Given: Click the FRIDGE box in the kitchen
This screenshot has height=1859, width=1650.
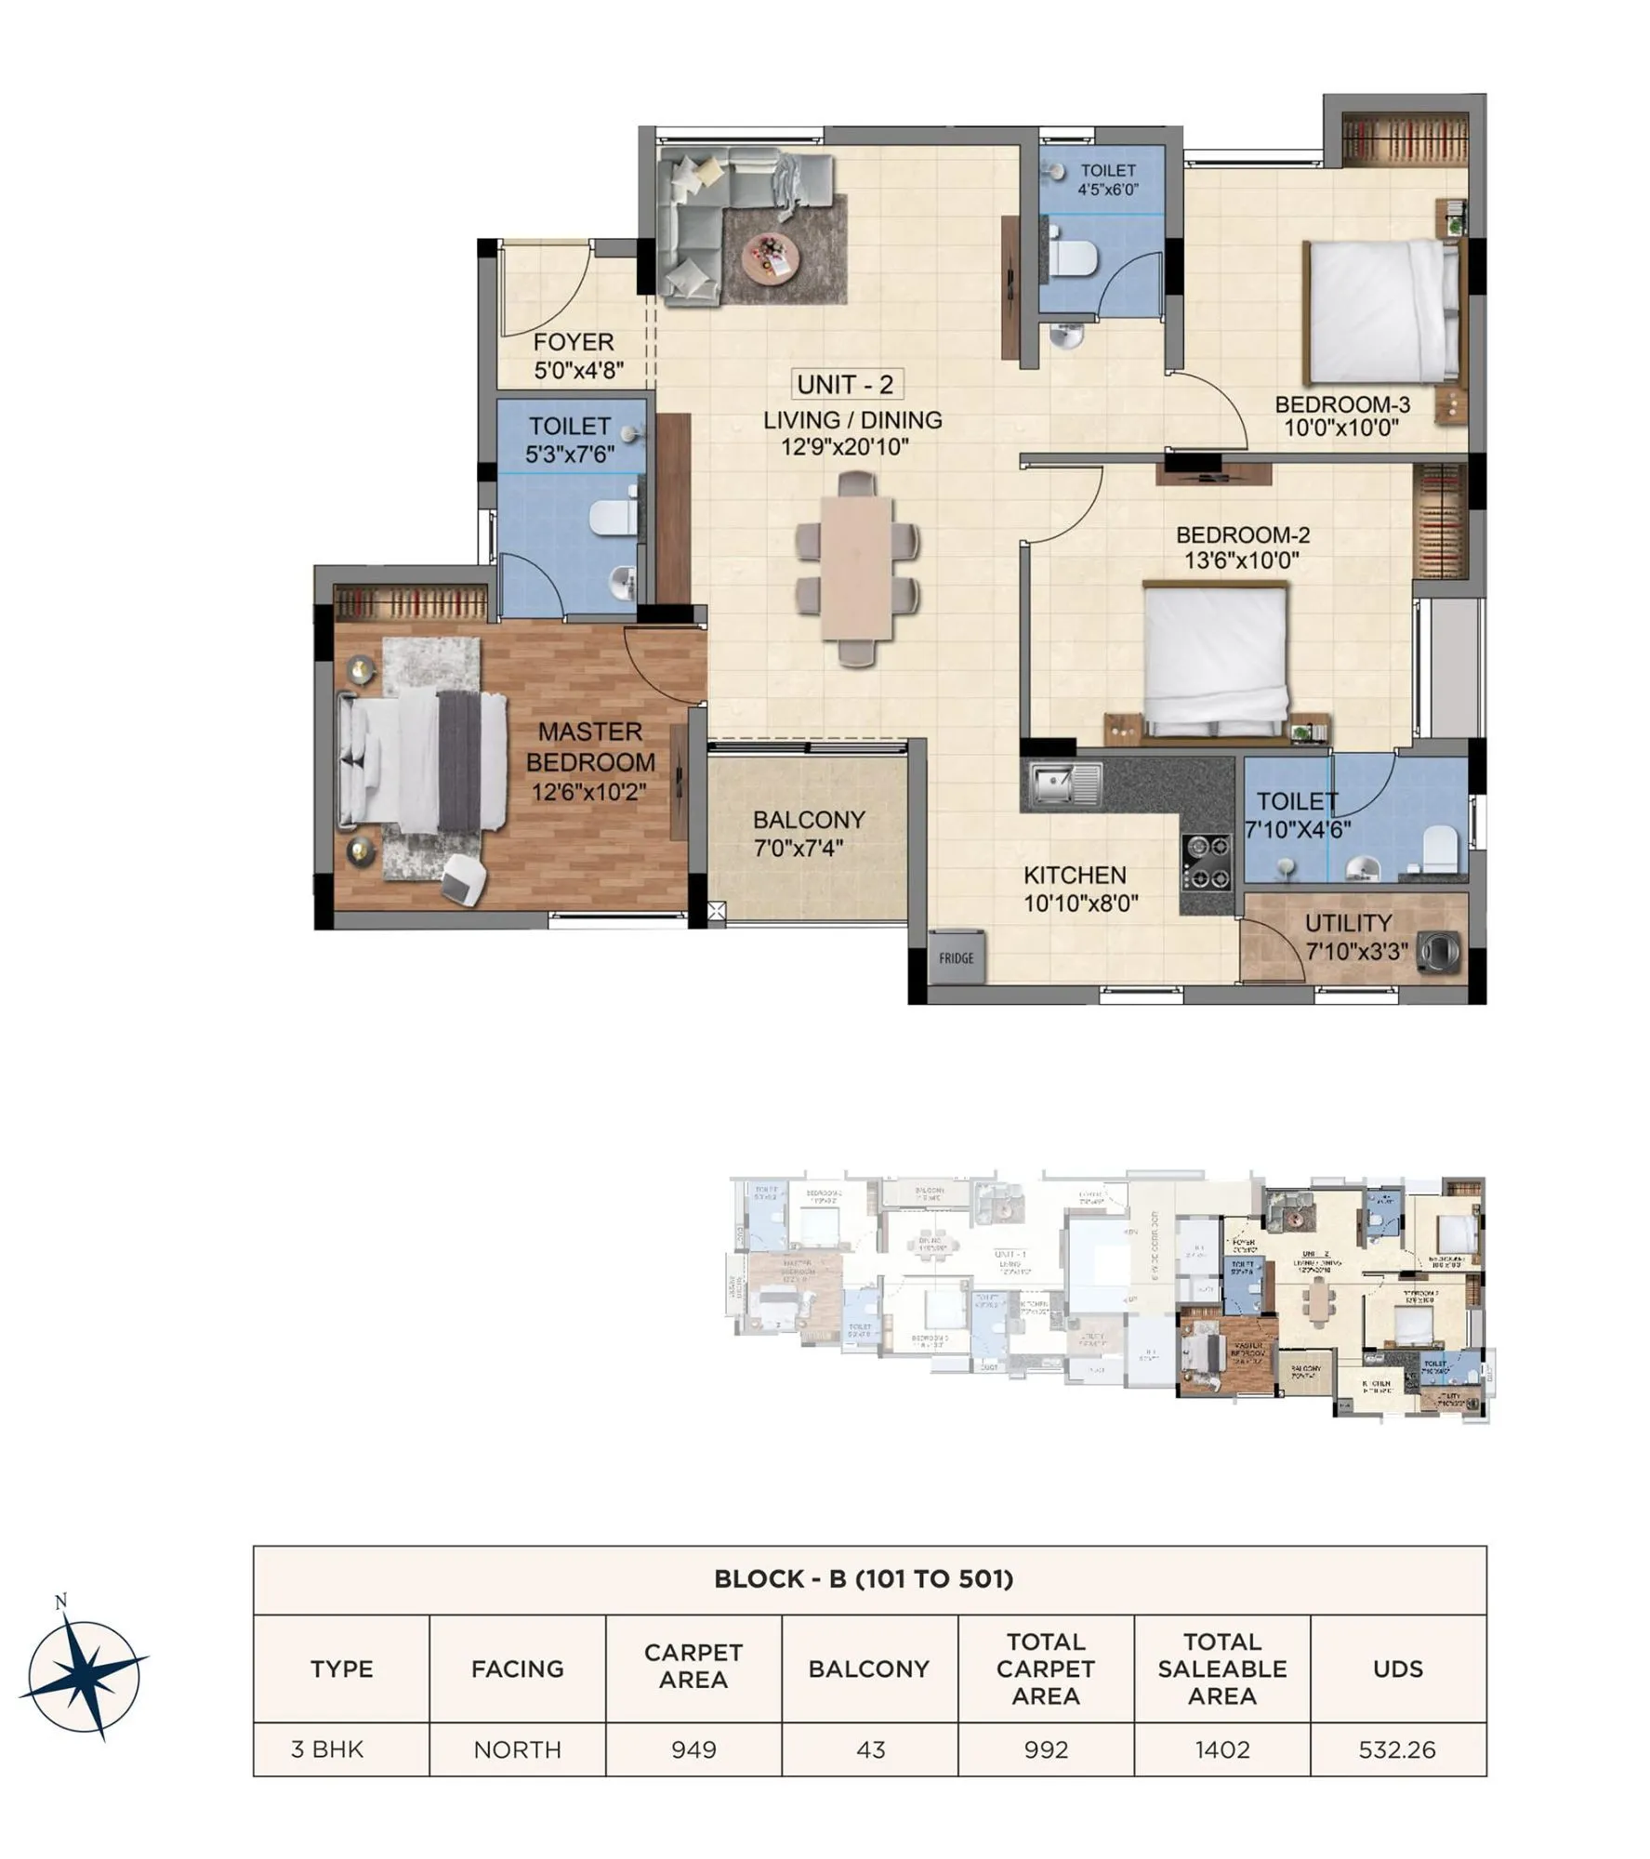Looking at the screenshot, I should point(956,957).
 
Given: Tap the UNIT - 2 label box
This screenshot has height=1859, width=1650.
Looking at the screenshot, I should point(845,384).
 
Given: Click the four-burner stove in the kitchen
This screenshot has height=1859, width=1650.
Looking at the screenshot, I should point(1207,862).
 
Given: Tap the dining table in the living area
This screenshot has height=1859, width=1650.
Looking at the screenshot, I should point(857,568).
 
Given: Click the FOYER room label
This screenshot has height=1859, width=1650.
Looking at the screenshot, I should point(574,343).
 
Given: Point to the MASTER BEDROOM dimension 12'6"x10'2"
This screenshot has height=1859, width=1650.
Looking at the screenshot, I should point(589,793).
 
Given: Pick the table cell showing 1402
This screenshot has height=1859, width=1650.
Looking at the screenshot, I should point(1221,1750).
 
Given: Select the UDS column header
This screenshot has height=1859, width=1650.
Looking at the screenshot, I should point(1397,1669).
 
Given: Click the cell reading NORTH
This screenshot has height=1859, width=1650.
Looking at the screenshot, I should point(517,1750).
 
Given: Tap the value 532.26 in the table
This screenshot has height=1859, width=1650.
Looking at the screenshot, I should point(1397,1750).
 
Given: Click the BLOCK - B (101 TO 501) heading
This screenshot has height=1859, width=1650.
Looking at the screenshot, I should point(863,1579).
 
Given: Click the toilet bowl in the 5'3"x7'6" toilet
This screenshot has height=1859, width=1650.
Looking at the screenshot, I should point(614,517).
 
